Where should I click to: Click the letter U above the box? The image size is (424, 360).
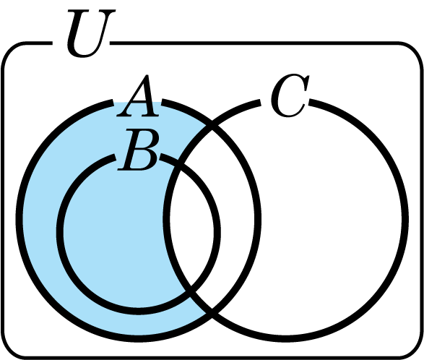[x=90, y=33]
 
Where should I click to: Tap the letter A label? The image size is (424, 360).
[x=137, y=96]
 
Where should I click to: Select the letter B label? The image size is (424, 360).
[x=138, y=150]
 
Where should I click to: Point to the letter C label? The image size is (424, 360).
[x=290, y=95]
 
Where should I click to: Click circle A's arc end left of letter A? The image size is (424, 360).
[x=113, y=103]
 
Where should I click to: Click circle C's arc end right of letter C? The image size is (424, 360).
[x=310, y=103]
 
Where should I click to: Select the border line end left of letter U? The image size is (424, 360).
[x=51, y=43]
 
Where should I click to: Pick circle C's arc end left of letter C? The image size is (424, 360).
[x=259, y=103]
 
